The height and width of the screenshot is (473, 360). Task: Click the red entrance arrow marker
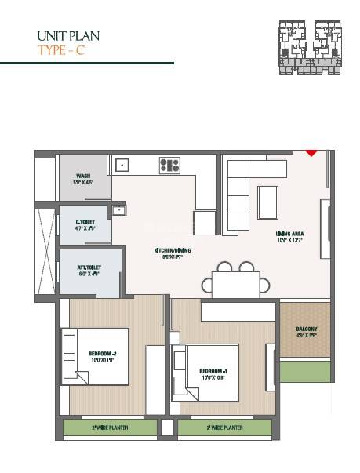tap(311, 151)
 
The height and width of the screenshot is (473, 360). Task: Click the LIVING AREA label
tap(290, 235)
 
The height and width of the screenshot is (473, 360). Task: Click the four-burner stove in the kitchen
tap(169, 165)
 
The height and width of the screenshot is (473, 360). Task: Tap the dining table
tap(233, 282)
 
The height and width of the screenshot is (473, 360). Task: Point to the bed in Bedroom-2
tap(95, 356)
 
